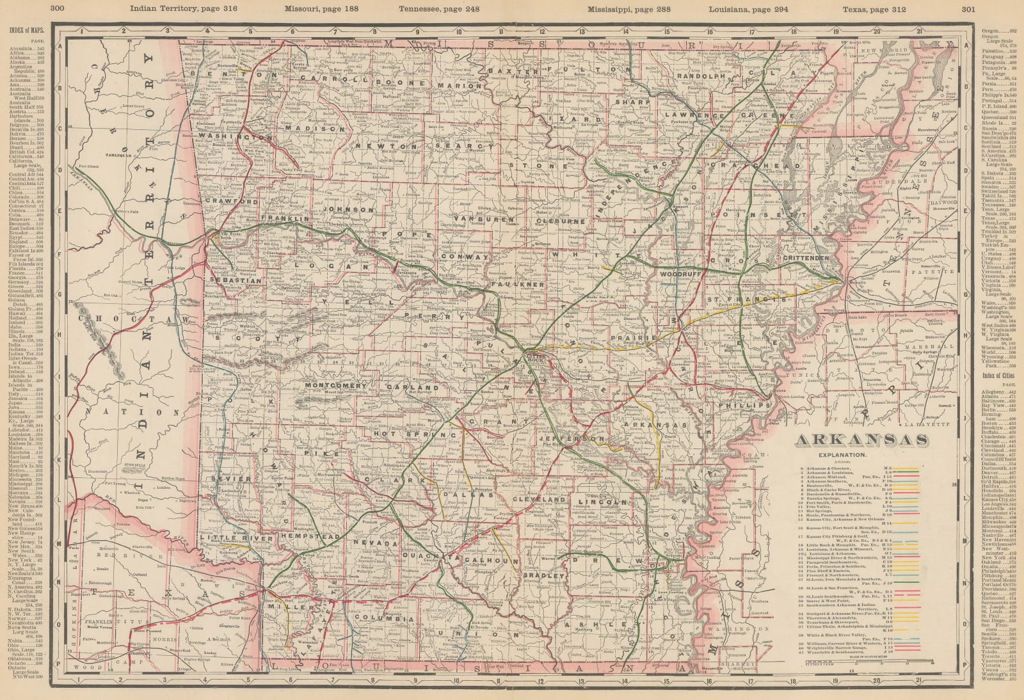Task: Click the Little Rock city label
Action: pos(534,357)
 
